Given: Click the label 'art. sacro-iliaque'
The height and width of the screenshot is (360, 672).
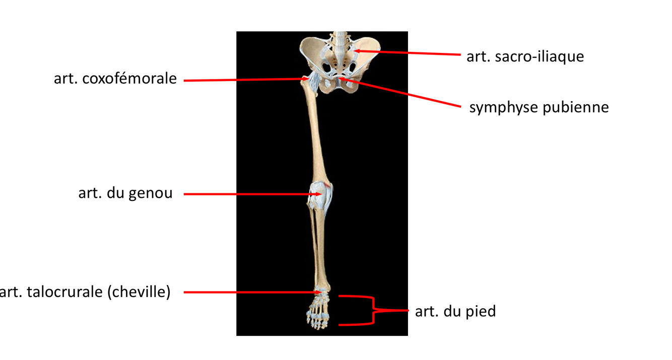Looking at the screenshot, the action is (x=525, y=56).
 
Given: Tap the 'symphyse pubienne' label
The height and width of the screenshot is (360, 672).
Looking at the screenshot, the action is (x=539, y=107).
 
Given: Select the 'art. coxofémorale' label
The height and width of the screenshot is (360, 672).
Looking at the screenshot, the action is (x=115, y=79).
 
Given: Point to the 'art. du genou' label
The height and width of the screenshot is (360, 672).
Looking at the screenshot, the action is (x=125, y=193).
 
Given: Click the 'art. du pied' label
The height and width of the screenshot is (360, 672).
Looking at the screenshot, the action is (x=455, y=311).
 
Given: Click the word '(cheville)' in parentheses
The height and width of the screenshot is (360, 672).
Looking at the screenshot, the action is (x=139, y=292).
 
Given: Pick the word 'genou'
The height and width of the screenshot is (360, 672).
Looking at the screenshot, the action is (x=150, y=193).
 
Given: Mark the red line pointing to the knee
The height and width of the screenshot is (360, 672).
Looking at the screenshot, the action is (x=247, y=194).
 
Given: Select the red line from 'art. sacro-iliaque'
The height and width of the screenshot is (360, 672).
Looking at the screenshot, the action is (x=408, y=53).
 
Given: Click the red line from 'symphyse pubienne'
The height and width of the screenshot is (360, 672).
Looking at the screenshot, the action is (x=403, y=93).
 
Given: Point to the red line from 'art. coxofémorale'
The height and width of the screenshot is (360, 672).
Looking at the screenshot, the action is (x=242, y=80).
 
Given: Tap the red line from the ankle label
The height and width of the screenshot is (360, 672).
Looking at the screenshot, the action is (x=247, y=292).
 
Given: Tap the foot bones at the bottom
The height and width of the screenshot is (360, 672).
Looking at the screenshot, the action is (x=316, y=312).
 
